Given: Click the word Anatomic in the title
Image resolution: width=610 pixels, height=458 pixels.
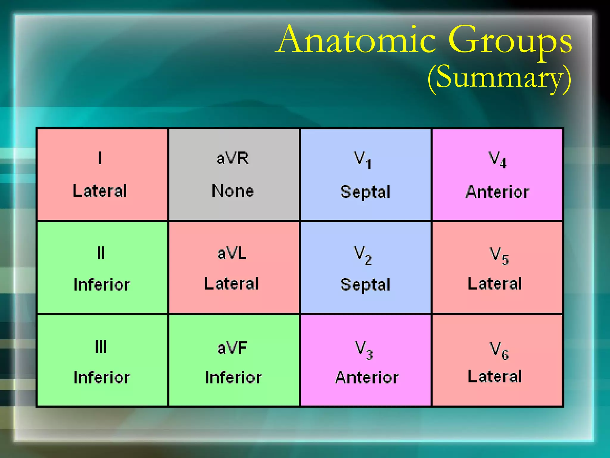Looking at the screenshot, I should (x=357, y=40).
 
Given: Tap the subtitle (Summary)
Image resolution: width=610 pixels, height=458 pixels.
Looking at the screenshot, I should (x=499, y=78).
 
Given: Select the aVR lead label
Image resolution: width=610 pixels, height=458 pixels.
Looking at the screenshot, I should (x=233, y=158).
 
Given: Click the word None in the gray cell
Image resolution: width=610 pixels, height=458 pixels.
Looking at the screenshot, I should (x=233, y=191).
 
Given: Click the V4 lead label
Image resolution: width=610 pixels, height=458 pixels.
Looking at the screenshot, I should (x=497, y=160).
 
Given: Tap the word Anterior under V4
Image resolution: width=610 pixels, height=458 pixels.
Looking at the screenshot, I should (x=497, y=192).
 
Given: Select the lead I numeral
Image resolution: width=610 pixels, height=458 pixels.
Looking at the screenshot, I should (x=100, y=158).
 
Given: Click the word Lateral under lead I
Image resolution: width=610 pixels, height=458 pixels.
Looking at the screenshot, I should (x=100, y=191).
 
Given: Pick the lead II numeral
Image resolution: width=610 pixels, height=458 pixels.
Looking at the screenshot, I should (x=101, y=253).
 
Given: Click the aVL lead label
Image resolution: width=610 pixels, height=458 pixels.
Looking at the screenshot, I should (x=232, y=253).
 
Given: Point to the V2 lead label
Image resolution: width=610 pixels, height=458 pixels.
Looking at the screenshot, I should (x=362, y=255).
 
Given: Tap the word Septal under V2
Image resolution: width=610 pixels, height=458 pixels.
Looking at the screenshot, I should (x=365, y=284).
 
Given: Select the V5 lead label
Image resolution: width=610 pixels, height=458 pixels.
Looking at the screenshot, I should (x=499, y=256).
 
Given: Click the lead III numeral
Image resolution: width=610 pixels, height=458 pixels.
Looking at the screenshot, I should (x=101, y=347).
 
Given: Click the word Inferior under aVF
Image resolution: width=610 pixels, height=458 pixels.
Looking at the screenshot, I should (x=234, y=377).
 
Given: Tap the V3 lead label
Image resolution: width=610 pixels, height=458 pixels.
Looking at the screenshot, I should (x=363, y=350).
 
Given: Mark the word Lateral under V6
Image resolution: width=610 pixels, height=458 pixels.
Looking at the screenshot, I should (x=495, y=376).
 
